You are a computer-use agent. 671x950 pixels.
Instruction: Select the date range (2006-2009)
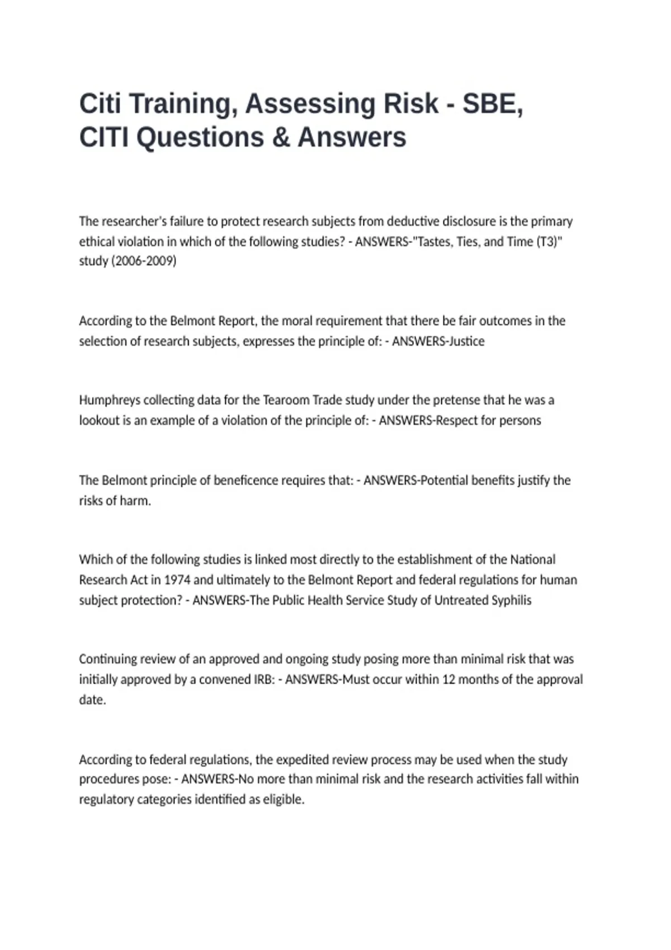click(x=144, y=261)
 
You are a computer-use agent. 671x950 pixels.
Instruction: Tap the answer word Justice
click(x=466, y=341)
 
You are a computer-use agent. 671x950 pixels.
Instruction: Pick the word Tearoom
click(x=286, y=400)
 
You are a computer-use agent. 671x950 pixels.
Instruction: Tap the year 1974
click(x=177, y=580)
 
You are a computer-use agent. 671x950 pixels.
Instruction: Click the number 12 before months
click(x=448, y=680)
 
